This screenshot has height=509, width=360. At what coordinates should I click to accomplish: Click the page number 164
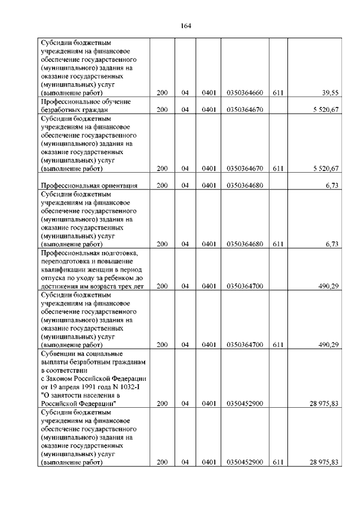tap(186, 25)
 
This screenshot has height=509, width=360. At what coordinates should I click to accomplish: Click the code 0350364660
tap(245, 93)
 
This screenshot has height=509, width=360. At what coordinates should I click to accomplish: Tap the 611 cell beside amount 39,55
tap(277, 93)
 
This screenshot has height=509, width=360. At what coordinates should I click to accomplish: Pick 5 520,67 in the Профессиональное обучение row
tap(324, 110)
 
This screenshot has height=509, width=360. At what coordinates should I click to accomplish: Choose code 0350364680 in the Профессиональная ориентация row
tap(245, 185)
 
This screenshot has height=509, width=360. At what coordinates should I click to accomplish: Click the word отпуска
tap(53, 278)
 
